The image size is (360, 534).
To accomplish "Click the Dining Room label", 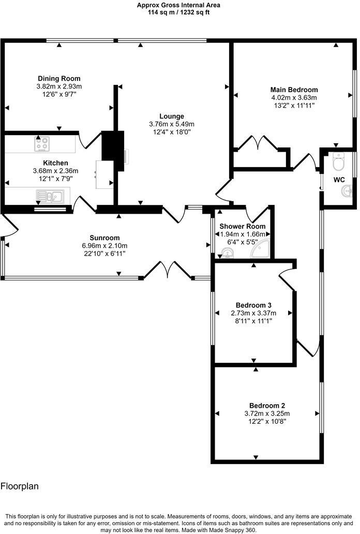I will pos(59,79).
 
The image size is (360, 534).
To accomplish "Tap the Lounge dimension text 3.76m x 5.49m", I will pos(171,124).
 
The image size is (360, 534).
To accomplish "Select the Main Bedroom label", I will pos(294,90).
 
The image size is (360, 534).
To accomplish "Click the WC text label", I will pos(339,180).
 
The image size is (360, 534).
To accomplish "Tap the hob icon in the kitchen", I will pos(42,144).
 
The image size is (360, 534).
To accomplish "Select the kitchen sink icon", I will pos(49,196).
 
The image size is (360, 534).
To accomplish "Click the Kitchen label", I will pos(55,163).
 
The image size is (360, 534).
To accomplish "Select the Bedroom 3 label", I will pos(253,305).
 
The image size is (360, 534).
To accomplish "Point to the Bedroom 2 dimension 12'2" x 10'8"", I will pos(267,422).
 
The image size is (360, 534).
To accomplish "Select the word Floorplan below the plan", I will pos(20,486).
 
